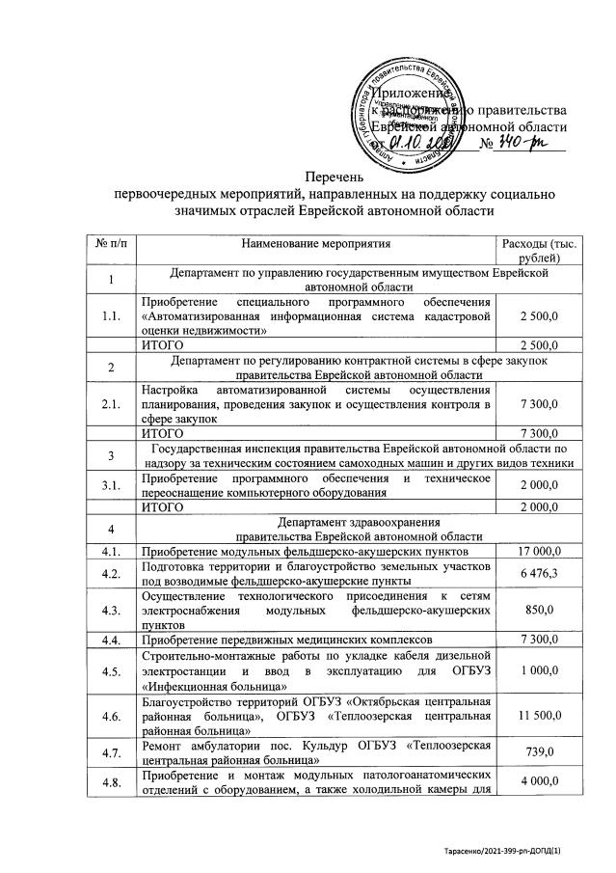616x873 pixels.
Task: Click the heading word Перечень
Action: coord(335,177)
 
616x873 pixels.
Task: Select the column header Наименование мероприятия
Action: coord(315,245)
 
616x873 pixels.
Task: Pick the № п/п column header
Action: coord(111,245)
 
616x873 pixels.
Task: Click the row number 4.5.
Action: coord(111,671)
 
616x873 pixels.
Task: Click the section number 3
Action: coord(111,456)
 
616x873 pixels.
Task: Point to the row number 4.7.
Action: coord(111,751)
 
